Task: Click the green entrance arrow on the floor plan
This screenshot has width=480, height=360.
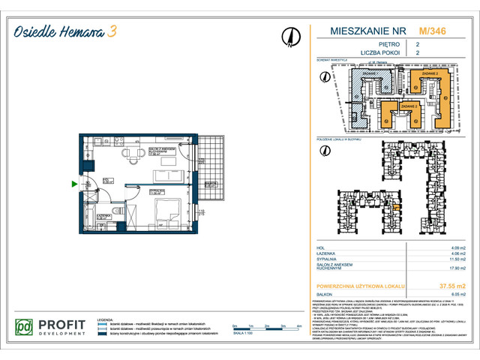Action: pyautogui.click(x=73, y=183)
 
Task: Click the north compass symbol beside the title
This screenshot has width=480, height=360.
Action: pyautogui.click(x=289, y=35)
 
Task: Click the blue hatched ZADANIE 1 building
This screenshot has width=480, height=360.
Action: pyautogui.click(x=367, y=91)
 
